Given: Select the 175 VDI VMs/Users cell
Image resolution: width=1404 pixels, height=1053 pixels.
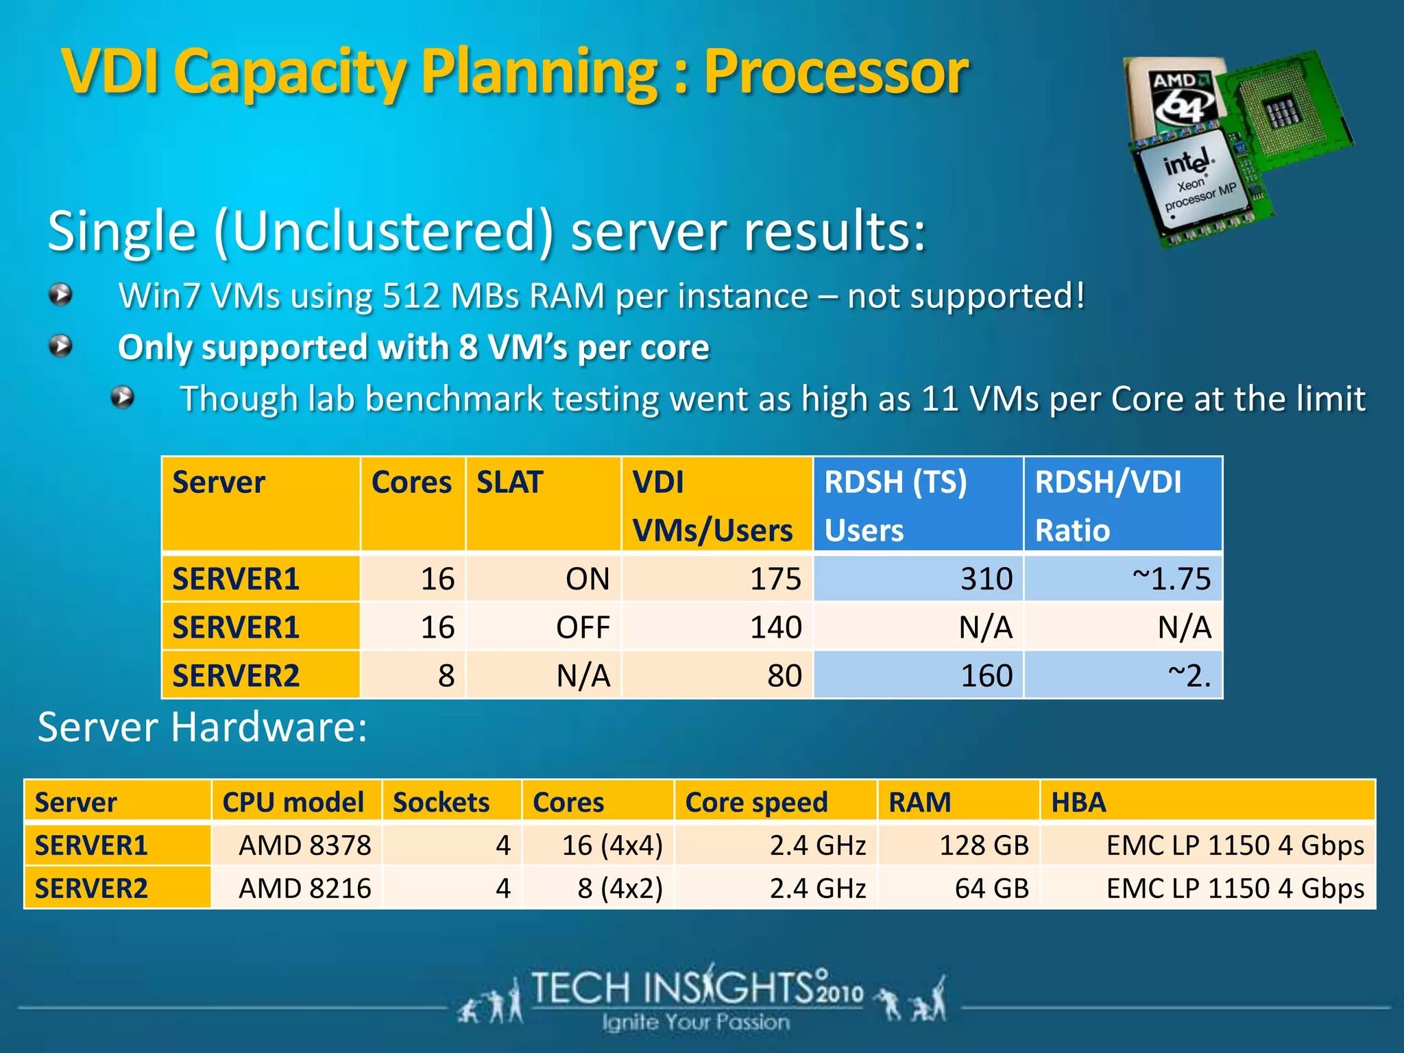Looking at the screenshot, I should point(717,579).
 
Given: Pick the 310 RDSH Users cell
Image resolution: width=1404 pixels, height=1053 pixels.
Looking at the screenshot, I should point(918,579).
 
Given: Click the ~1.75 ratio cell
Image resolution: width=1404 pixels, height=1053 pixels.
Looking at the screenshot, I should point(1123,579).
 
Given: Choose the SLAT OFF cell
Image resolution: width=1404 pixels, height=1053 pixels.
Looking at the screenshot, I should point(544,627).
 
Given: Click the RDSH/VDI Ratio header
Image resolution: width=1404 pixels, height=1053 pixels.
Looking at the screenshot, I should point(1123,505).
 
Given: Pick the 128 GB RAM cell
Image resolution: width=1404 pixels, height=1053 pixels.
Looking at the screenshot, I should point(959,845).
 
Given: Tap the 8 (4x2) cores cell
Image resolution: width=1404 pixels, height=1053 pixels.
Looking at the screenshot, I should point(598,888).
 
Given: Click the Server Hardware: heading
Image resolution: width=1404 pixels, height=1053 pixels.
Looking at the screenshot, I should point(202,727).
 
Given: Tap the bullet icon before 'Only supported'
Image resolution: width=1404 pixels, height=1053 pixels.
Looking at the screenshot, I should point(61,346).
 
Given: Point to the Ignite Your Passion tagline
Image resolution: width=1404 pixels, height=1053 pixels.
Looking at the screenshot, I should point(696,1022).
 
